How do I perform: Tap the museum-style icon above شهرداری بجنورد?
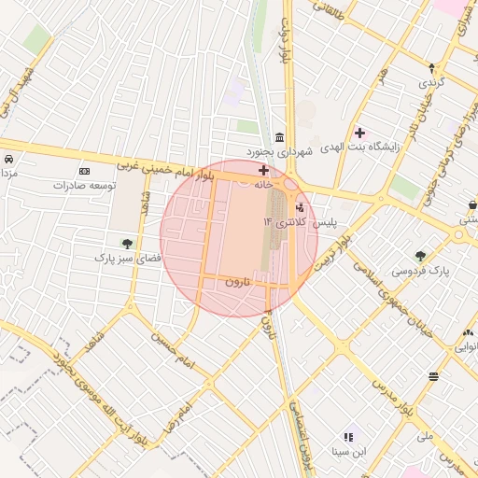(x=280, y=137)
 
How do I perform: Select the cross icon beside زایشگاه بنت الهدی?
(x=359, y=134)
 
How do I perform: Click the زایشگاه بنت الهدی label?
(x=358, y=148)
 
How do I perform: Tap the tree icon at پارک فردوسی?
(x=420, y=256)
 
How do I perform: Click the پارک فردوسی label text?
(x=419, y=271)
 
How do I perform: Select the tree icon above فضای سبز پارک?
(x=127, y=244)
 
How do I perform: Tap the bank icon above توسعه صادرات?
(x=85, y=172)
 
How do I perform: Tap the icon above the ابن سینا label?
(x=349, y=437)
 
